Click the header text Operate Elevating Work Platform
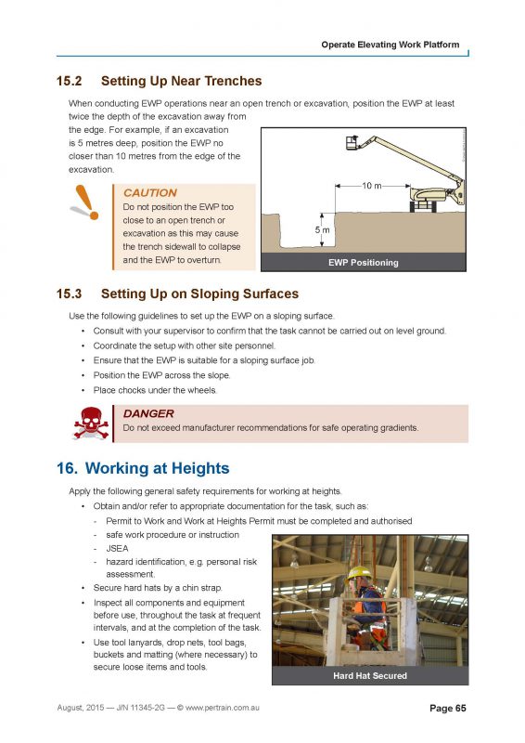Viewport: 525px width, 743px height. point(390,45)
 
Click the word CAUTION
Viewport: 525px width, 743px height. point(144,192)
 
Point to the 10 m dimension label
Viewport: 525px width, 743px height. point(370,186)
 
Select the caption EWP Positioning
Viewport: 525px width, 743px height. point(364,262)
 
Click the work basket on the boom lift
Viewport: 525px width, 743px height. point(351,144)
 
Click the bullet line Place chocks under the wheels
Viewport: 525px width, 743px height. point(155,390)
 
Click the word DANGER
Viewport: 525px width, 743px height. point(148,413)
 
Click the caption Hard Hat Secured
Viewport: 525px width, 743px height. point(369,675)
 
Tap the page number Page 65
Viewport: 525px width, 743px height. point(447,709)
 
